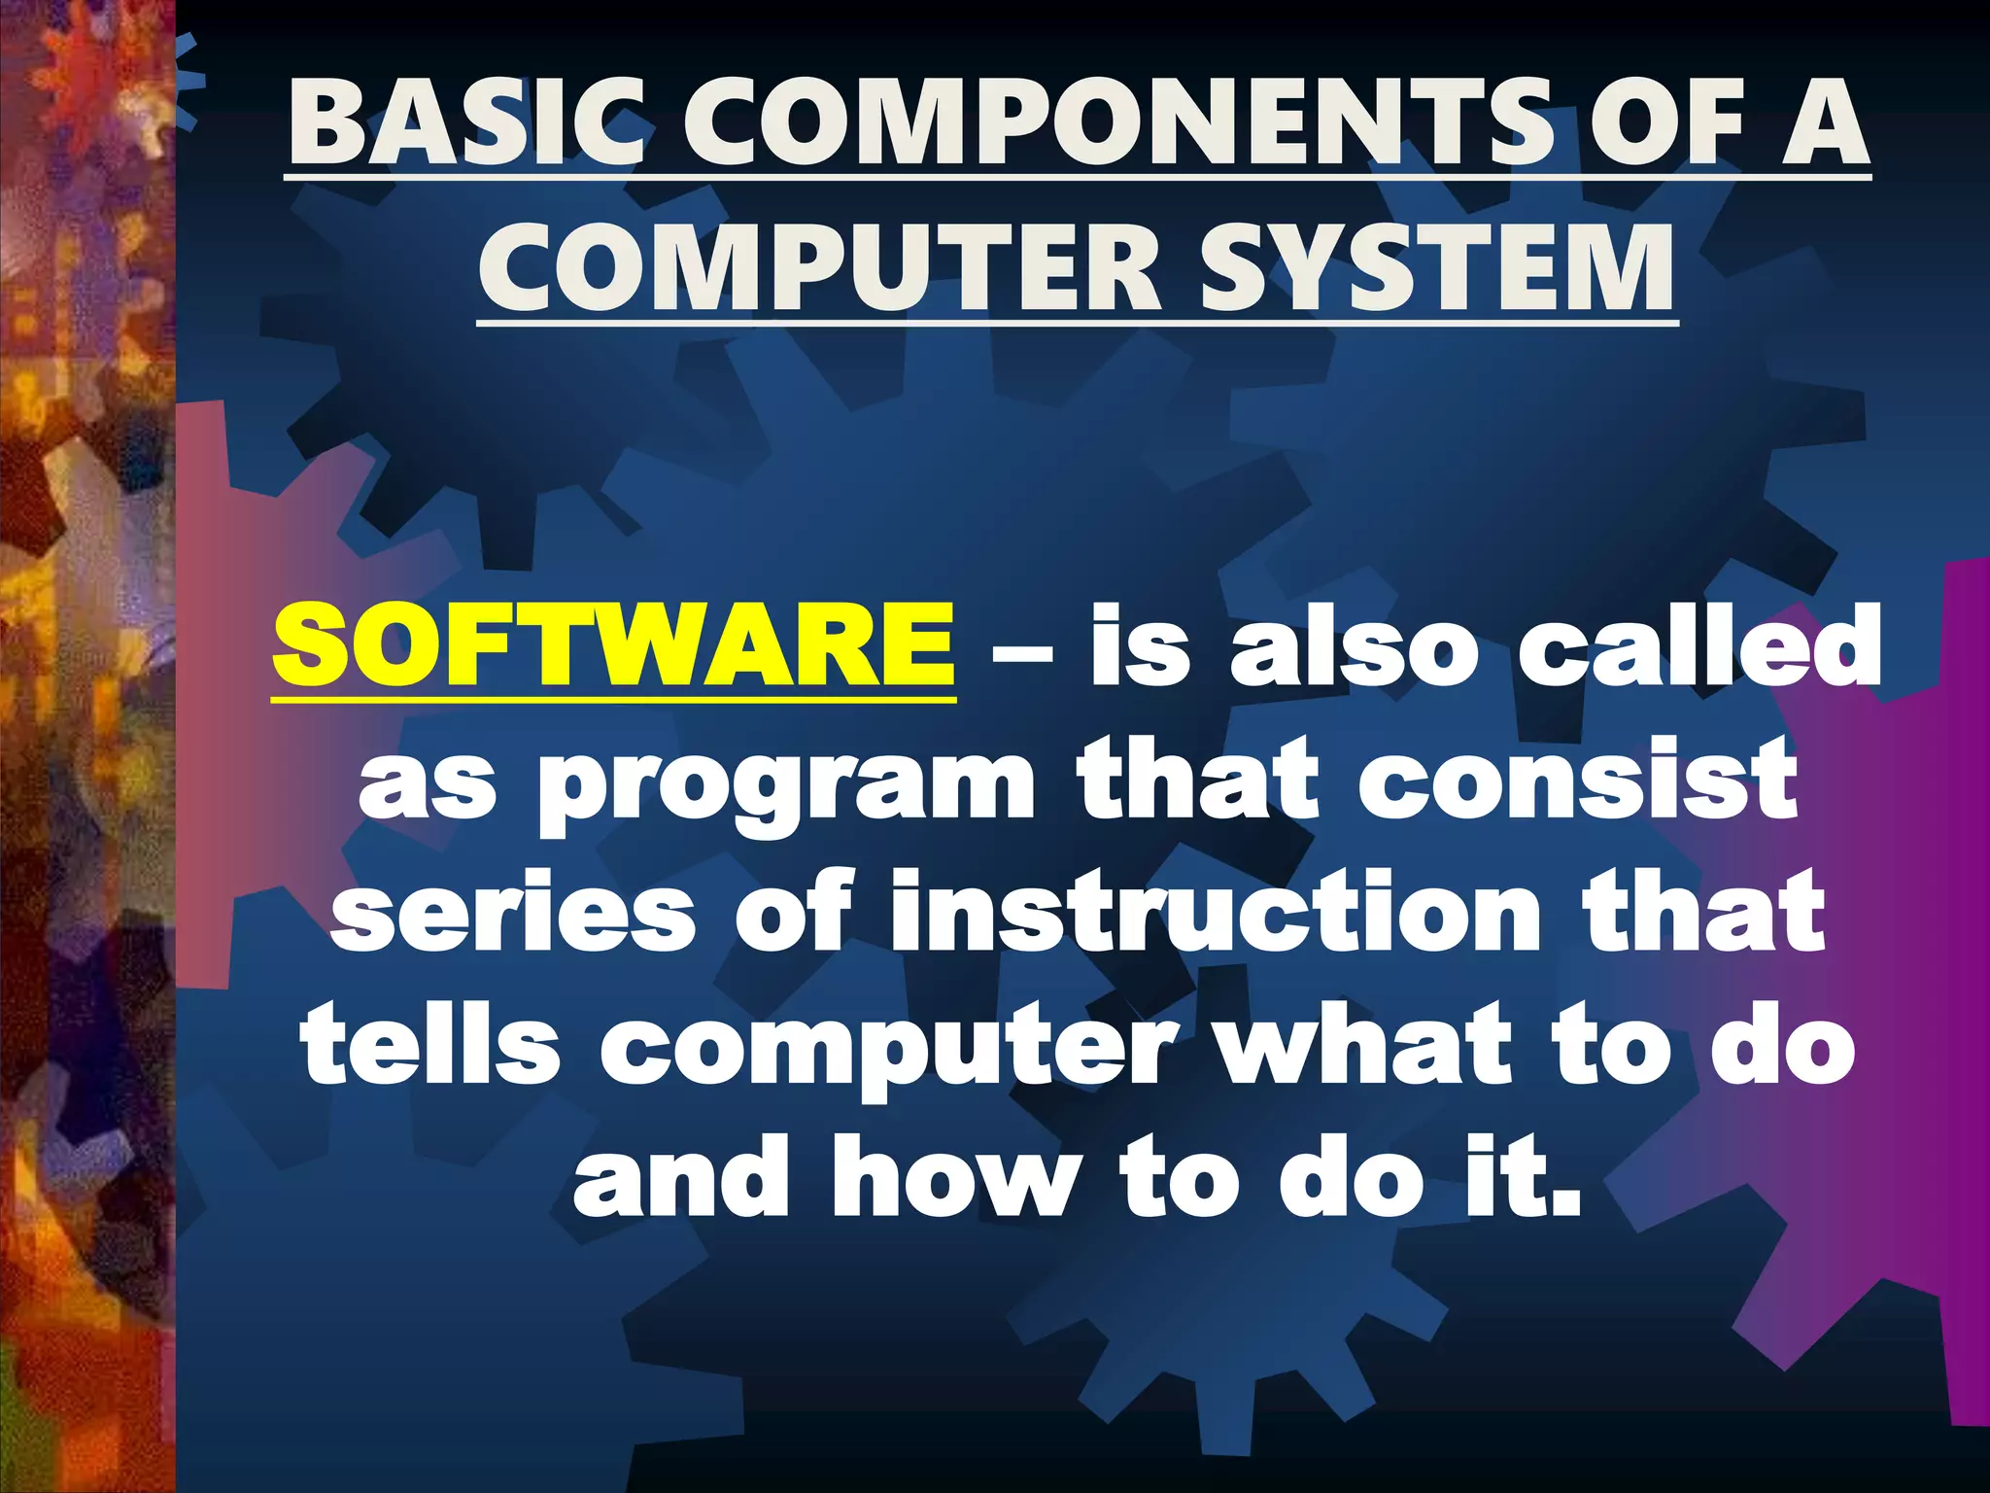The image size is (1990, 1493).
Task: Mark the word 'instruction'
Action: (x=1215, y=911)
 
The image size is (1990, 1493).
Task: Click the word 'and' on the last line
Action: (x=680, y=1178)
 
